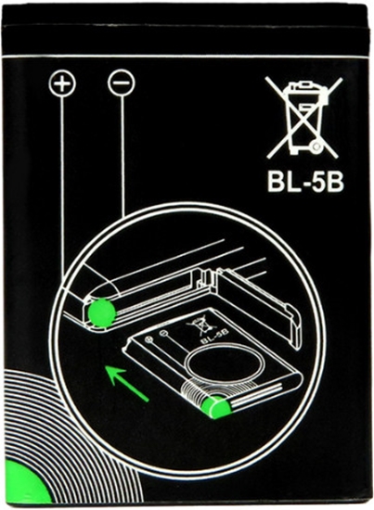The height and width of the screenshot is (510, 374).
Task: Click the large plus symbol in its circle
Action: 62,83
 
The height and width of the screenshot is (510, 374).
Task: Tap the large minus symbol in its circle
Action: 121,83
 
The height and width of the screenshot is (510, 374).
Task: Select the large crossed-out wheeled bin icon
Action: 303,118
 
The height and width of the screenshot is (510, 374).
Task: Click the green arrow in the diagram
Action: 127,384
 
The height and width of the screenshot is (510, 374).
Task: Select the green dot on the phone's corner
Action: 101,313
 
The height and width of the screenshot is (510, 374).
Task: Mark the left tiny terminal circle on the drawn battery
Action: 149,340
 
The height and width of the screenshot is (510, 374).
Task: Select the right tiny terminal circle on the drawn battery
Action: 163,333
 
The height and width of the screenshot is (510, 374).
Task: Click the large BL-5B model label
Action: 305,183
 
